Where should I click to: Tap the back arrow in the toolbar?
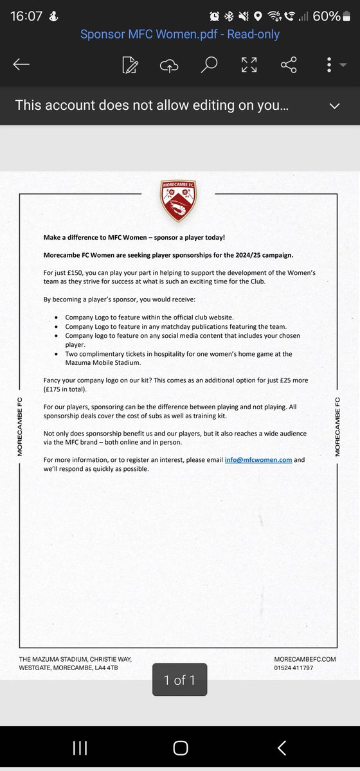(x=21, y=64)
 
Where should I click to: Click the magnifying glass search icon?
(x=209, y=64)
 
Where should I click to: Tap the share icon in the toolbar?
(x=289, y=64)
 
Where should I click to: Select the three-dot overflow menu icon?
(x=329, y=64)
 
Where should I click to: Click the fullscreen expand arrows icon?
(x=249, y=64)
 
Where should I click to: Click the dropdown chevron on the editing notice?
(x=334, y=105)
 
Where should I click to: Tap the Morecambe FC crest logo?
(x=179, y=200)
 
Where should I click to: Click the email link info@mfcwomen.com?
(x=258, y=460)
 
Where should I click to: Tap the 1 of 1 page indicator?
(x=180, y=680)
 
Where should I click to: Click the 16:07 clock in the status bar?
(x=28, y=15)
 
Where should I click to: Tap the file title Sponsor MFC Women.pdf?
(x=180, y=34)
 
